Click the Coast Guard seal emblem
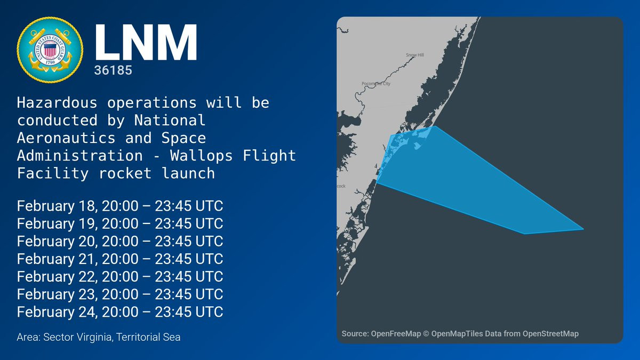pos(50,50)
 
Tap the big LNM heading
pos(146,42)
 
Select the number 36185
pos(113,70)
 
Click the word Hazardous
pos(57,103)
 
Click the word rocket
pos(125,173)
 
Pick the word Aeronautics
pos(66,138)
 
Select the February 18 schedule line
pos(120,206)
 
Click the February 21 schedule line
pos(120,259)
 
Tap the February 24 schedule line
pos(120,311)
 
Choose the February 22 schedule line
pos(120,277)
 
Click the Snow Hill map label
pos(415,55)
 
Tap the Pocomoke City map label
pos(376,84)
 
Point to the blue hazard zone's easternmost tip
pos(583,229)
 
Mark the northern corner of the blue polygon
pos(435,126)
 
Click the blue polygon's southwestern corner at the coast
pos(377,182)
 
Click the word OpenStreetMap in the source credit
pos(550,334)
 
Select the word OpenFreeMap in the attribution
pos(396,334)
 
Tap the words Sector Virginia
pos(77,337)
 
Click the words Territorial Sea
pos(148,337)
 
